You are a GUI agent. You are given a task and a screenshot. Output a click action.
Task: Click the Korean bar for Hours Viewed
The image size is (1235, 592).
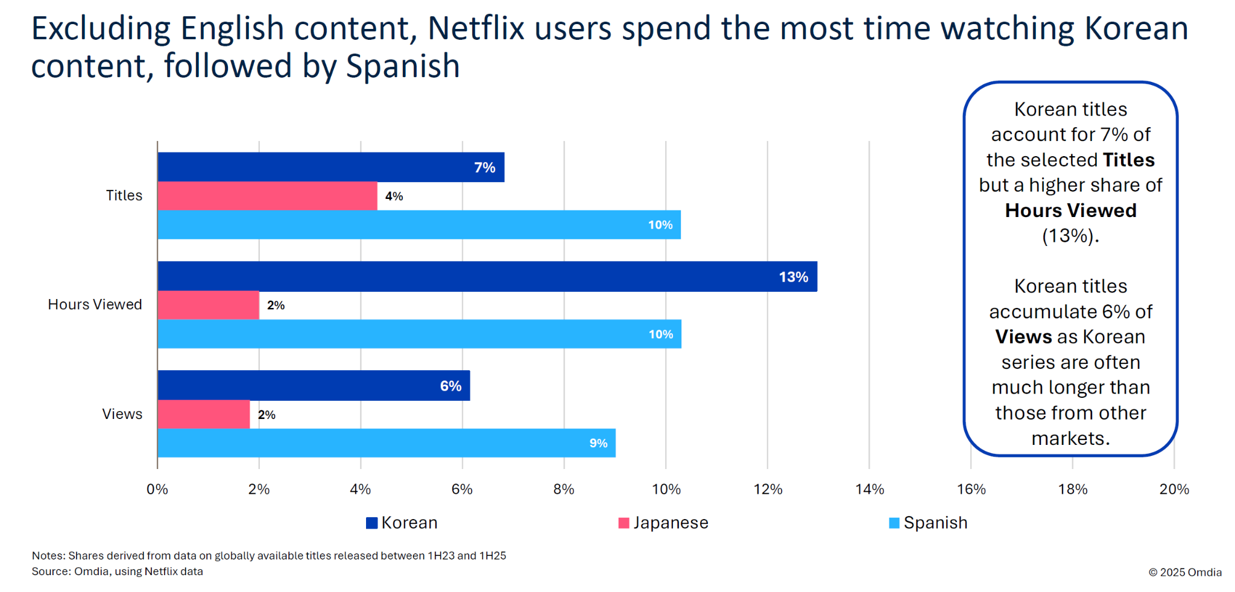click(487, 277)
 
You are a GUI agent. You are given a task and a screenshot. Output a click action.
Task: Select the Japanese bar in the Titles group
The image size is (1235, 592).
click(267, 196)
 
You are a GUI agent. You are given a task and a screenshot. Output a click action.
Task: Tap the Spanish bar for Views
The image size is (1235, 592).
click(386, 443)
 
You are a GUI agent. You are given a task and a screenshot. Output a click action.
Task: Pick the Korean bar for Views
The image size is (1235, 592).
click(314, 386)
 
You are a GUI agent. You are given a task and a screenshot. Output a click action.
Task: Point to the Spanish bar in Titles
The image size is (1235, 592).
click(419, 225)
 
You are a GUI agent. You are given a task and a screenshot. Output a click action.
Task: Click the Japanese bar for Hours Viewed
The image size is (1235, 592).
click(208, 305)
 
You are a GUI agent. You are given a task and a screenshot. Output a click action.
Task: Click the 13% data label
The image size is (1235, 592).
click(793, 277)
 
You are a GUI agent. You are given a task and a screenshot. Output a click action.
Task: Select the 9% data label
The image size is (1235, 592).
click(598, 444)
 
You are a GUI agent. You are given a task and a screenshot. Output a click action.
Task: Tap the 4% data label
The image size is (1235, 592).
click(394, 197)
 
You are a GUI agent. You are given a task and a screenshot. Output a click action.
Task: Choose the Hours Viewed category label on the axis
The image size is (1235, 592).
click(95, 304)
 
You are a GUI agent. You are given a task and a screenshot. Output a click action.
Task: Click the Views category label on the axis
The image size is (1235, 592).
click(122, 414)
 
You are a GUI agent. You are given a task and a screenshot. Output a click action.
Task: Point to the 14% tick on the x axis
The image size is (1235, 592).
click(869, 489)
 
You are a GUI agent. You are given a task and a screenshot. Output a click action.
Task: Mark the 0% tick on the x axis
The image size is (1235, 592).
click(157, 489)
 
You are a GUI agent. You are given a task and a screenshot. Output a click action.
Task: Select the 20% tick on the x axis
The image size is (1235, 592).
click(1173, 489)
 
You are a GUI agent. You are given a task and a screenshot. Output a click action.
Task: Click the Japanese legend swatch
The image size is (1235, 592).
click(624, 523)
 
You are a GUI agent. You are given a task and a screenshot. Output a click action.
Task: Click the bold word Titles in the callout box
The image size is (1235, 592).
click(1128, 160)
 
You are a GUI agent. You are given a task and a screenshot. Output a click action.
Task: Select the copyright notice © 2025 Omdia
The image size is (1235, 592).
click(1185, 572)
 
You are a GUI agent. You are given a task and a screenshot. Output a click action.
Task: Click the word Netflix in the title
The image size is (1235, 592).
click(476, 28)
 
